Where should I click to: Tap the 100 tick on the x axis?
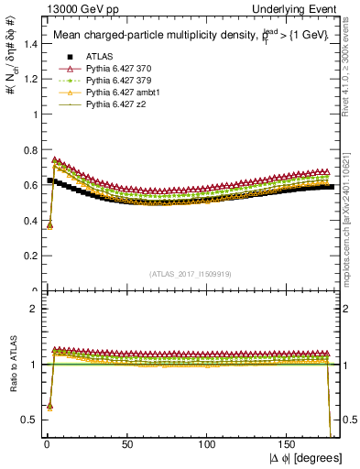[x=207, y=444]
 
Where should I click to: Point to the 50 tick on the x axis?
[x=127, y=444]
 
